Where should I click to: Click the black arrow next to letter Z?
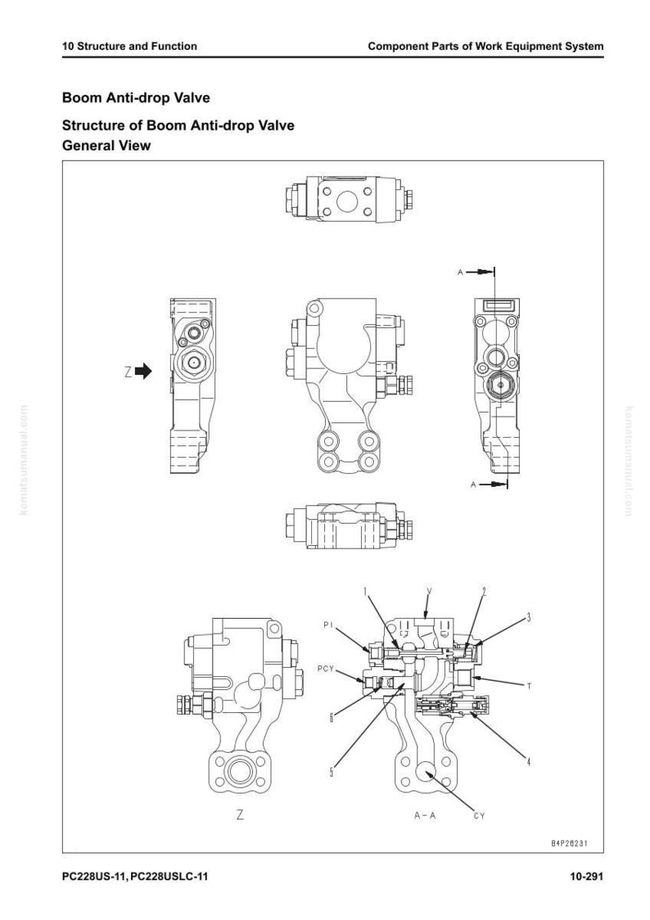coord(144,371)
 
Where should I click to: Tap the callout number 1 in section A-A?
coord(364,592)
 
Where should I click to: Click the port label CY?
coord(479,815)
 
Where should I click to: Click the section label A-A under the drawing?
coord(425,815)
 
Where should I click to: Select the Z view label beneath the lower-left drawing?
coord(240,814)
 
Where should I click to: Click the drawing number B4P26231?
coord(569,843)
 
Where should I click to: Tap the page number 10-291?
coord(586,877)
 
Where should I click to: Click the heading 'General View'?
coord(106,146)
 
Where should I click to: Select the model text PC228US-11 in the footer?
coord(94,877)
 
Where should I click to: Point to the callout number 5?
coord(332,772)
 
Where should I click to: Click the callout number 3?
coord(529,616)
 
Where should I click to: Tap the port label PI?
coord(328,625)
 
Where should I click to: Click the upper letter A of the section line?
coord(461,273)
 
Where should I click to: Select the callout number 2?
coord(484,592)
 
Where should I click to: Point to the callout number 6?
coord(331,716)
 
